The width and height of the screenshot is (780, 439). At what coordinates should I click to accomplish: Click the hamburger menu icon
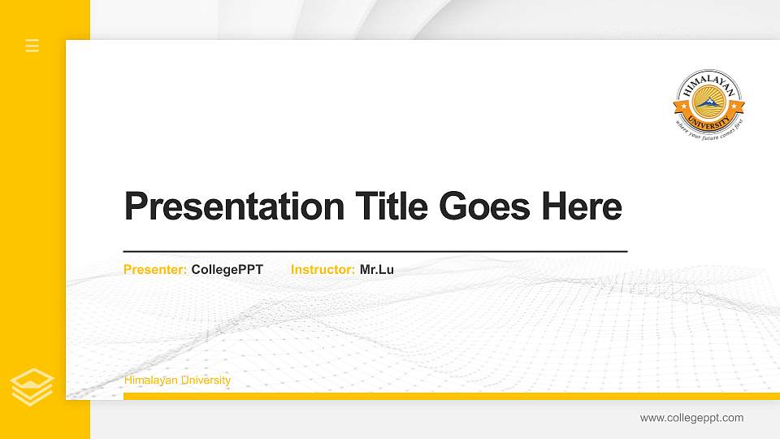pos(32,46)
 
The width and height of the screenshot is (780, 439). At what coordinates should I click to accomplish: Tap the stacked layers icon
pos(32,387)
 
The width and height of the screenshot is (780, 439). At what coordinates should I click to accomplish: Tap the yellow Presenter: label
pos(155,270)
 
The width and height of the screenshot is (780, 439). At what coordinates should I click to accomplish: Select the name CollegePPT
pos(227,270)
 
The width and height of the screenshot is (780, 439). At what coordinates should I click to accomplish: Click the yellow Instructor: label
pos(323,270)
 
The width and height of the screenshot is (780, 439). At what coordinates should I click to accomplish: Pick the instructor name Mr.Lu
pos(377,270)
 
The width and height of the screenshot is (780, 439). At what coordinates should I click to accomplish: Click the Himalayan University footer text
pos(177,380)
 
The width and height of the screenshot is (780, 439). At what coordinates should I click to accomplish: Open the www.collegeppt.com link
pos(691,418)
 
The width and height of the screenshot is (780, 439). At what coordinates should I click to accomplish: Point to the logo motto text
pos(709,130)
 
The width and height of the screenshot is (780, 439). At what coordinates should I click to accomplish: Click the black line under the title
pos(375,252)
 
